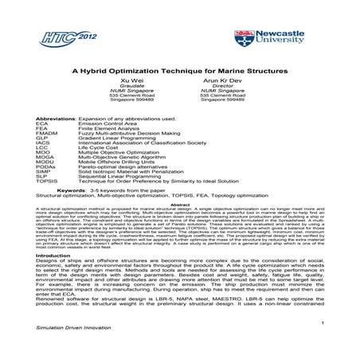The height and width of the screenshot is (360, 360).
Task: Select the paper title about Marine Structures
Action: pyautogui.click(x=180, y=69)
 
